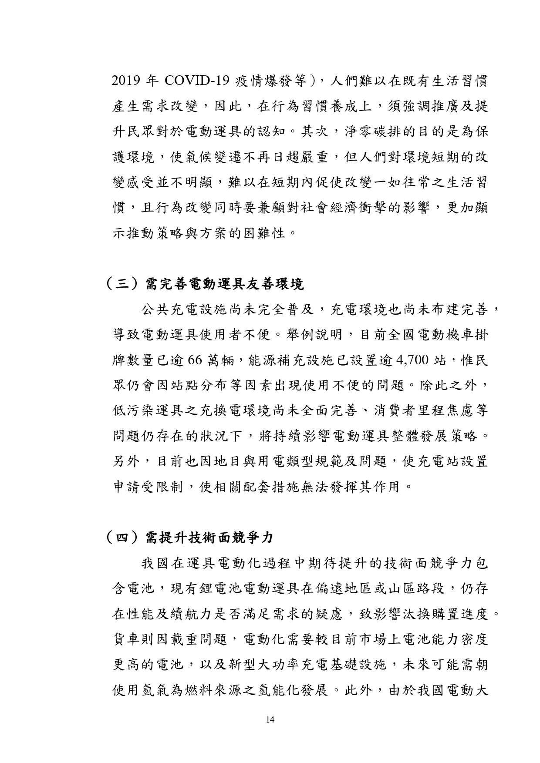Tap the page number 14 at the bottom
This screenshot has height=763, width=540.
(x=270, y=719)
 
